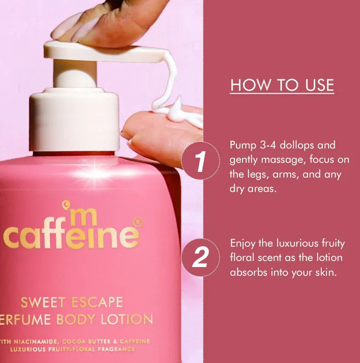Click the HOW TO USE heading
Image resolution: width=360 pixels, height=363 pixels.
282,85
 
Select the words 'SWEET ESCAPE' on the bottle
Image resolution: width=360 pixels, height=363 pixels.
72,302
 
